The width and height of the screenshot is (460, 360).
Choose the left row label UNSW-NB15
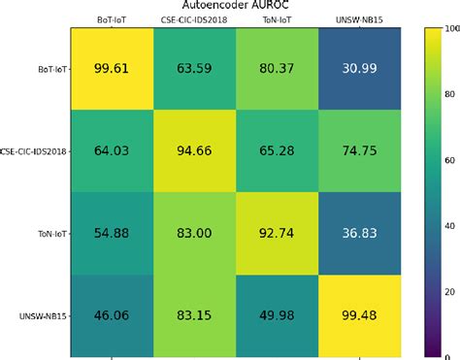[45, 316]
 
